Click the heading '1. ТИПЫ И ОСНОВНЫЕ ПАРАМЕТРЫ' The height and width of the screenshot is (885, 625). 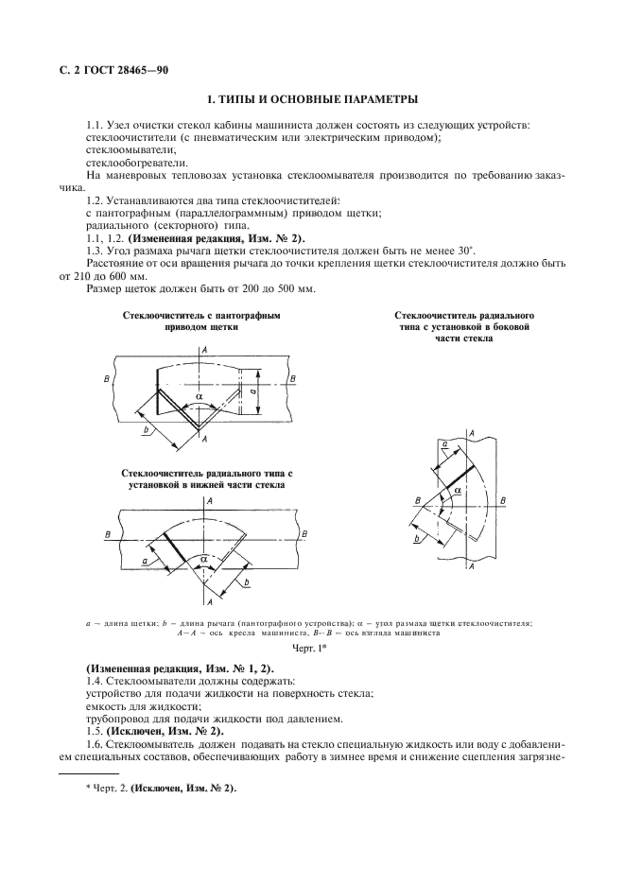[313, 99]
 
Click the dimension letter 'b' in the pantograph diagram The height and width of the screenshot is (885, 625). [147, 431]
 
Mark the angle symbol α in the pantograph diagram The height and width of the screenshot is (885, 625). [198, 398]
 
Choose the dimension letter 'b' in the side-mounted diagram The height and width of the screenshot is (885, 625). [416, 538]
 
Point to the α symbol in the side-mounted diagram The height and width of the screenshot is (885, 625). [458, 491]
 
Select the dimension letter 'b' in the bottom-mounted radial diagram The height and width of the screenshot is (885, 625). [247, 584]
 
